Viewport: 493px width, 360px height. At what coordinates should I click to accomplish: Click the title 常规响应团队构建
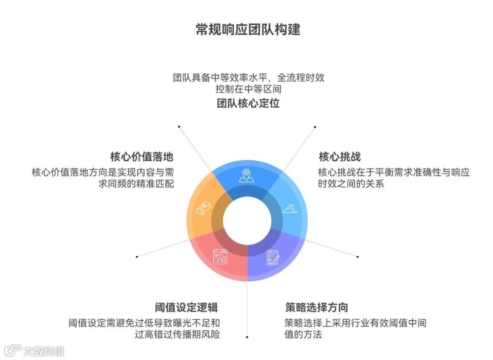(248, 30)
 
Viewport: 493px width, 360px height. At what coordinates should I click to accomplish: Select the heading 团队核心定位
(248, 103)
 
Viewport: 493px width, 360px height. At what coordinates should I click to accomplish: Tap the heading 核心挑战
(340, 157)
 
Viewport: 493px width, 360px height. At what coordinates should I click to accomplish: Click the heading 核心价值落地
(142, 157)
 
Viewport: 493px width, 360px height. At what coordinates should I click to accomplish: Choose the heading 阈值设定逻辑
(187, 307)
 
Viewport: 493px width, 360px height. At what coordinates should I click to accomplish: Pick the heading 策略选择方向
(316, 307)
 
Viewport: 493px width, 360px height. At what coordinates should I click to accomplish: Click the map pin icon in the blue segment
(246, 175)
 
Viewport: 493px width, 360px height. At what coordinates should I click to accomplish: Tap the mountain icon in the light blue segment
(290, 208)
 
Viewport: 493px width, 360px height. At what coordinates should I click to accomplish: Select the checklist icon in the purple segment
(273, 258)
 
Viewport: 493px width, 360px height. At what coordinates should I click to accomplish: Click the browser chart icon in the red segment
(220, 258)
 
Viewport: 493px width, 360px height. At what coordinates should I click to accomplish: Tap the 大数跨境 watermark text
(44, 351)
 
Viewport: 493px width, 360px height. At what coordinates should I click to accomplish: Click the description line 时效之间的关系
(351, 184)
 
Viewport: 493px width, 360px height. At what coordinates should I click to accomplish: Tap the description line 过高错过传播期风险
(177, 334)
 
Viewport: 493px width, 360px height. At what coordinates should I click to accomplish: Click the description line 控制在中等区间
(248, 89)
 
